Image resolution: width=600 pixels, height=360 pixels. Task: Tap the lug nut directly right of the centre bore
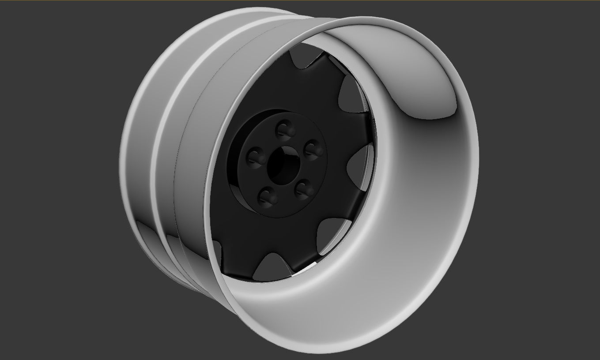click(314, 149)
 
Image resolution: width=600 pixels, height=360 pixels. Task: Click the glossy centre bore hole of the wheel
click(283, 164)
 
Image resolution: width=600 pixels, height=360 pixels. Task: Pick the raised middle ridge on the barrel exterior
click(163, 146)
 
